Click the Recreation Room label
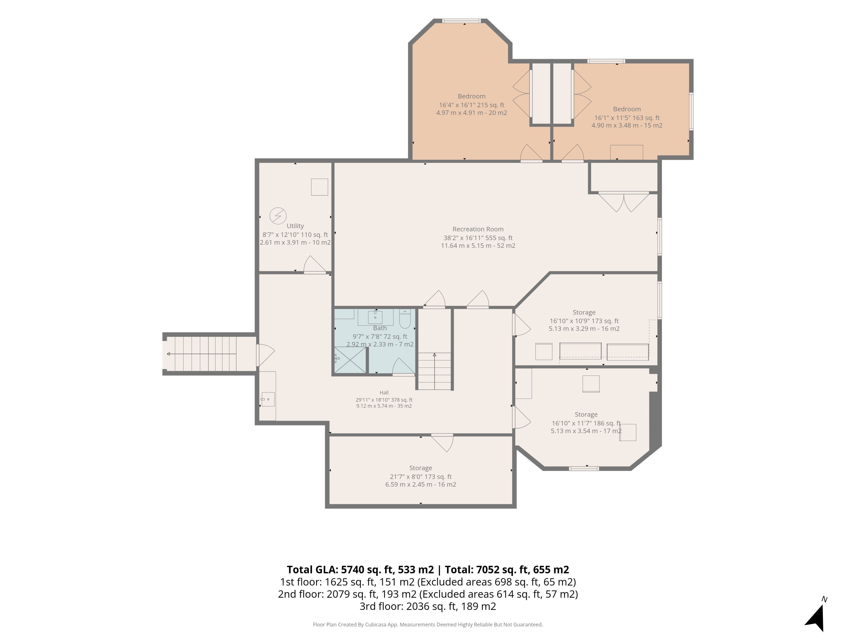click(x=478, y=229)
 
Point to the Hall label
click(x=384, y=392)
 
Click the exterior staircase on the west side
click(x=209, y=354)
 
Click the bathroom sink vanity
click(x=375, y=317)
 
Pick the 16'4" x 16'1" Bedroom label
click(x=471, y=96)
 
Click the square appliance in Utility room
click(x=320, y=187)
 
